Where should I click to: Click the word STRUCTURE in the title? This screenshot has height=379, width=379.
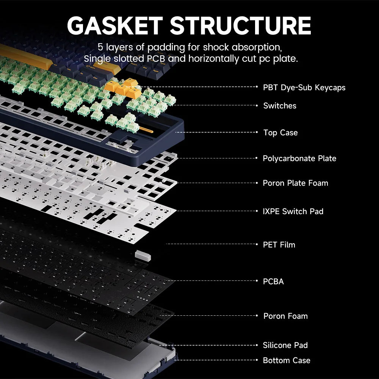240,25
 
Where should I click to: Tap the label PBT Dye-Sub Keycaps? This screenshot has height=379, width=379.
304,88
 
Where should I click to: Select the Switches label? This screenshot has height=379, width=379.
280,106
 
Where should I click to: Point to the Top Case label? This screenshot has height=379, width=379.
280,133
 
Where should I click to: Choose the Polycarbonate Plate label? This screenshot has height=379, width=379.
299,158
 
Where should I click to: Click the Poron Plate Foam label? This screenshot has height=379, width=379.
295,183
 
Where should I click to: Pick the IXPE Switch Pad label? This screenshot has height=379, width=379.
293,211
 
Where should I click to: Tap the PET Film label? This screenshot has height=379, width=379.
279,245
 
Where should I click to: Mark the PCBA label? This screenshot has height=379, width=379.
273,282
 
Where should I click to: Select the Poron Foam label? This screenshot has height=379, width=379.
285,316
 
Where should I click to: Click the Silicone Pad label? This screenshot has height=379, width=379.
285,345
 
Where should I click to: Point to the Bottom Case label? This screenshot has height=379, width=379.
287,360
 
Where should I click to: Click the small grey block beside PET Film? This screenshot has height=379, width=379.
143,255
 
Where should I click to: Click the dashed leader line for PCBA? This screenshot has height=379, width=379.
212,281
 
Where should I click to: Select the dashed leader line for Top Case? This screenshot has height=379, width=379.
220,132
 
